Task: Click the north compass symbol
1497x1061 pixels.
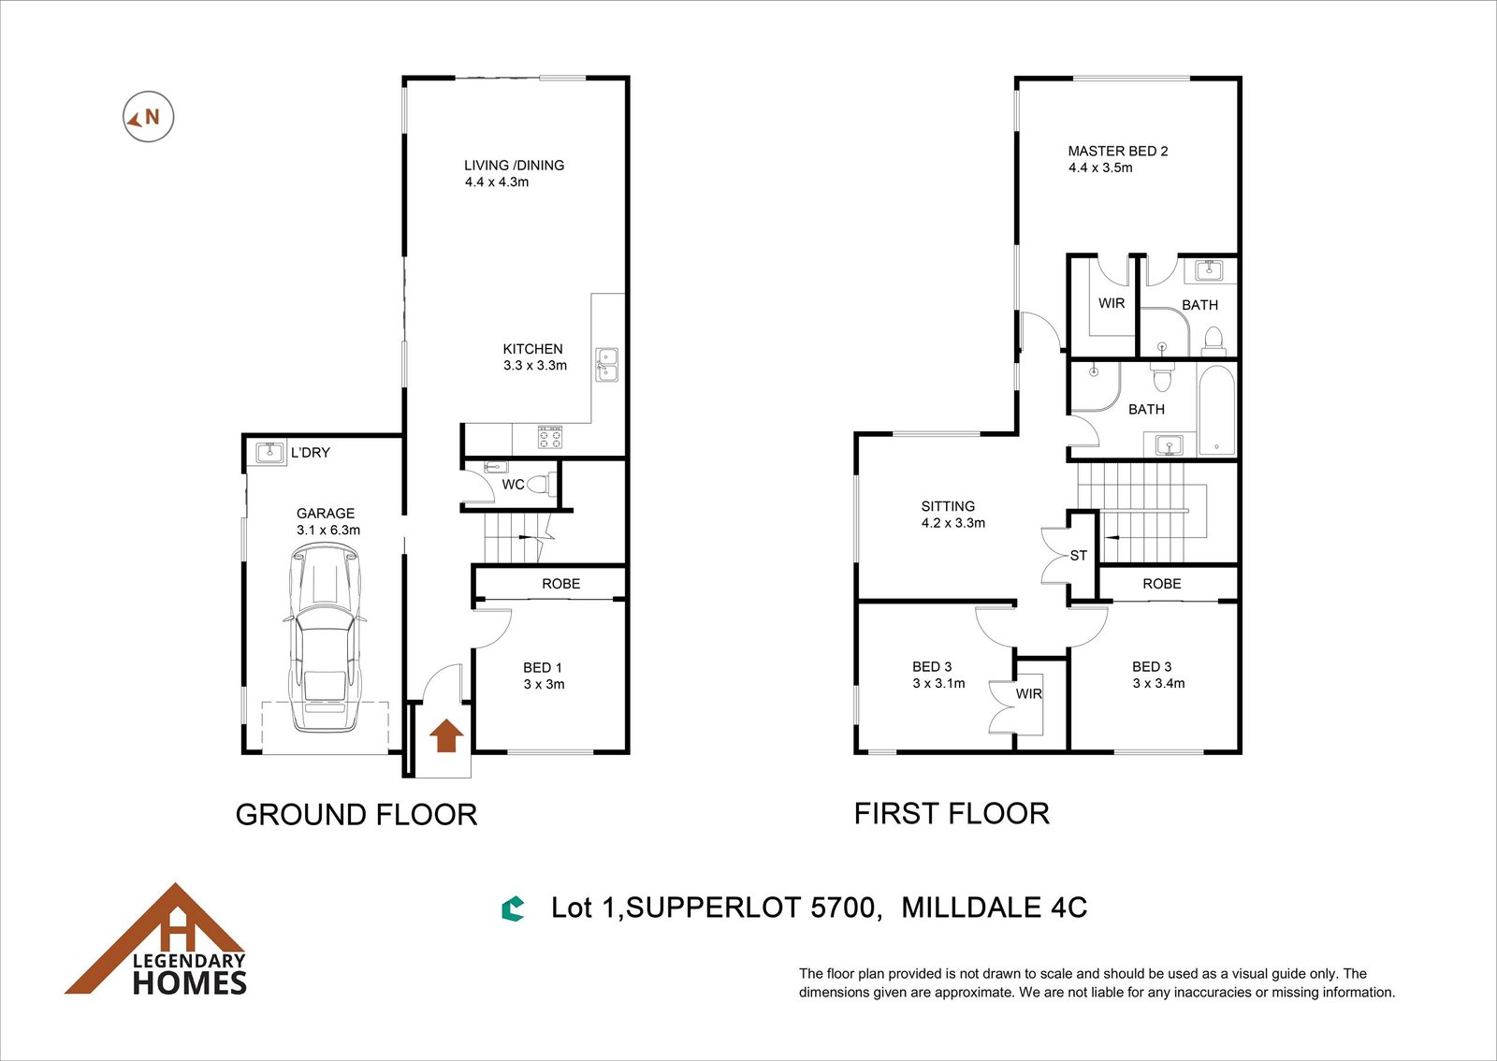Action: [x=149, y=117]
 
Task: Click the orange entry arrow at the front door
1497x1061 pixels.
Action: [x=445, y=735]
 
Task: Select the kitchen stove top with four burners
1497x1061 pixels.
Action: [x=550, y=437]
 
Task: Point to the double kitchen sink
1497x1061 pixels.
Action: [x=607, y=365]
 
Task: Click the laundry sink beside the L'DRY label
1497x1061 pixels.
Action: [x=270, y=452]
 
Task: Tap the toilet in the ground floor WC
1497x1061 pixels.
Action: [x=542, y=484]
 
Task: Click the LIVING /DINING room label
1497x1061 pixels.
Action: [x=514, y=165]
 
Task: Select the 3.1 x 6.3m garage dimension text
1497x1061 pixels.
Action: [x=328, y=530]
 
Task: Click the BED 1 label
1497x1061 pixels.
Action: [x=542, y=667]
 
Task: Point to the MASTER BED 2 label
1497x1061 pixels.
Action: [x=1117, y=151]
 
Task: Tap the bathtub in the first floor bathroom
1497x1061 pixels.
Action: [x=1216, y=410]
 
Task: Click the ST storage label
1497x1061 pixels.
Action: [x=1078, y=555]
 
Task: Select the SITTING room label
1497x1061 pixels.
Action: [x=948, y=506]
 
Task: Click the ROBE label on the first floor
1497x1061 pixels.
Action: [x=1161, y=583]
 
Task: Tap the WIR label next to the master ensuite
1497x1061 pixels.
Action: [x=1111, y=303]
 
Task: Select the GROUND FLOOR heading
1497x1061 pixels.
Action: [x=356, y=814]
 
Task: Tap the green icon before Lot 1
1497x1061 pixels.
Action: [x=513, y=908]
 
